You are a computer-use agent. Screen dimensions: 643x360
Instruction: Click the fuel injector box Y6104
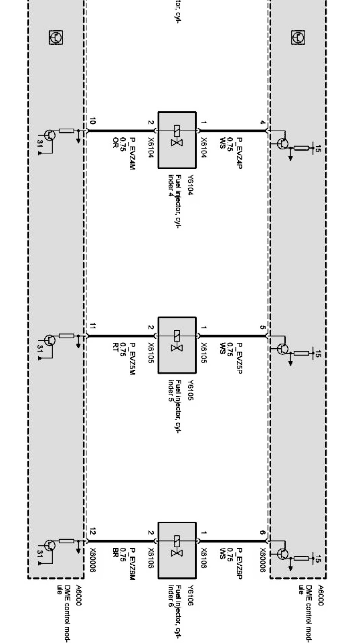(x=177, y=140)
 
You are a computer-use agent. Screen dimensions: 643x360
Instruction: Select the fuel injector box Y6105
(x=177, y=345)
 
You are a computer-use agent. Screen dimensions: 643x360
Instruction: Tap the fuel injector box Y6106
(x=177, y=550)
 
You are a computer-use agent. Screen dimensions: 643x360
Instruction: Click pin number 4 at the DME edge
(x=262, y=122)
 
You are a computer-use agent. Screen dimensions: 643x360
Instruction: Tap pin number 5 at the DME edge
(x=262, y=327)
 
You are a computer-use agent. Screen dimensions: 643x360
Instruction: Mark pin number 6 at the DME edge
(x=262, y=532)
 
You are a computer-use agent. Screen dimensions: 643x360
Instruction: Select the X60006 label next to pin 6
(x=262, y=560)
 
